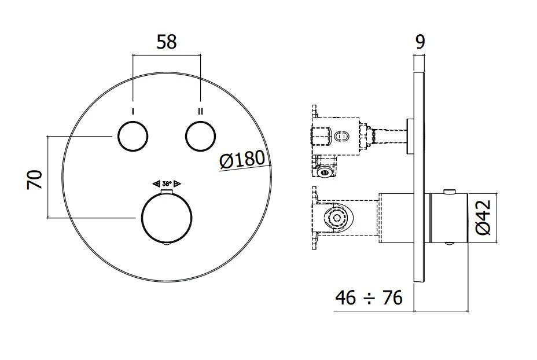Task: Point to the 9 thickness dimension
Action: [x=421, y=41]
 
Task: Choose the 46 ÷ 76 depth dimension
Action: [x=369, y=298]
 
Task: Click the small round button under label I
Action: [x=133, y=137]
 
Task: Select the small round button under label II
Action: [x=200, y=137]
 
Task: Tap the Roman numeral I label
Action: [x=133, y=111]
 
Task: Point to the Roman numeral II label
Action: [x=200, y=111]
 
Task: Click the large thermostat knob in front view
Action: [x=166, y=218]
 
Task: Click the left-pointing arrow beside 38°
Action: [x=156, y=183]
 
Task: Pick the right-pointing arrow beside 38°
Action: [x=178, y=183]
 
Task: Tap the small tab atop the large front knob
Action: [x=167, y=191]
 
